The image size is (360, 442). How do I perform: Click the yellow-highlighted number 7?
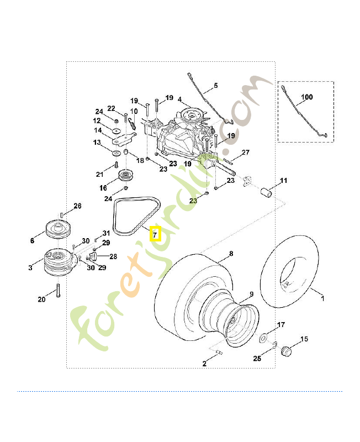pyautogui.click(x=155, y=234)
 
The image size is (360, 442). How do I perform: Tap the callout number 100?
pyautogui.click(x=307, y=97)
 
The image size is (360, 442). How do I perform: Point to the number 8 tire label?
pyautogui.click(x=231, y=254)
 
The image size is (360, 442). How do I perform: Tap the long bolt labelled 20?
pyautogui.click(x=58, y=291)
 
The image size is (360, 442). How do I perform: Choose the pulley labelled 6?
pyautogui.click(x=58, y=228)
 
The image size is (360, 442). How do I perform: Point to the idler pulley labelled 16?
pyautogui.click(x=125, y=176)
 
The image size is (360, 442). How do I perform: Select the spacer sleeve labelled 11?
pyautogui.click(x=266, y=193)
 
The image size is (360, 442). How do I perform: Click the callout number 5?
pyautogui.click(x=216, y=86)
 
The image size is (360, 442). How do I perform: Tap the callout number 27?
pyautogui.click(x=246, y=152)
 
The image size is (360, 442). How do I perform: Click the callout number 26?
pyautogui.click(x=77, y=206)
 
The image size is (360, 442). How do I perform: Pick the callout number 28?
pyautogui.click(x=113, y=256)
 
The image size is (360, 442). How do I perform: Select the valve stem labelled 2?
pyautogui.click(x=219, y=352)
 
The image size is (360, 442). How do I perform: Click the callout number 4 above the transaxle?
pyautogui.click(x=179, y=99)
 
